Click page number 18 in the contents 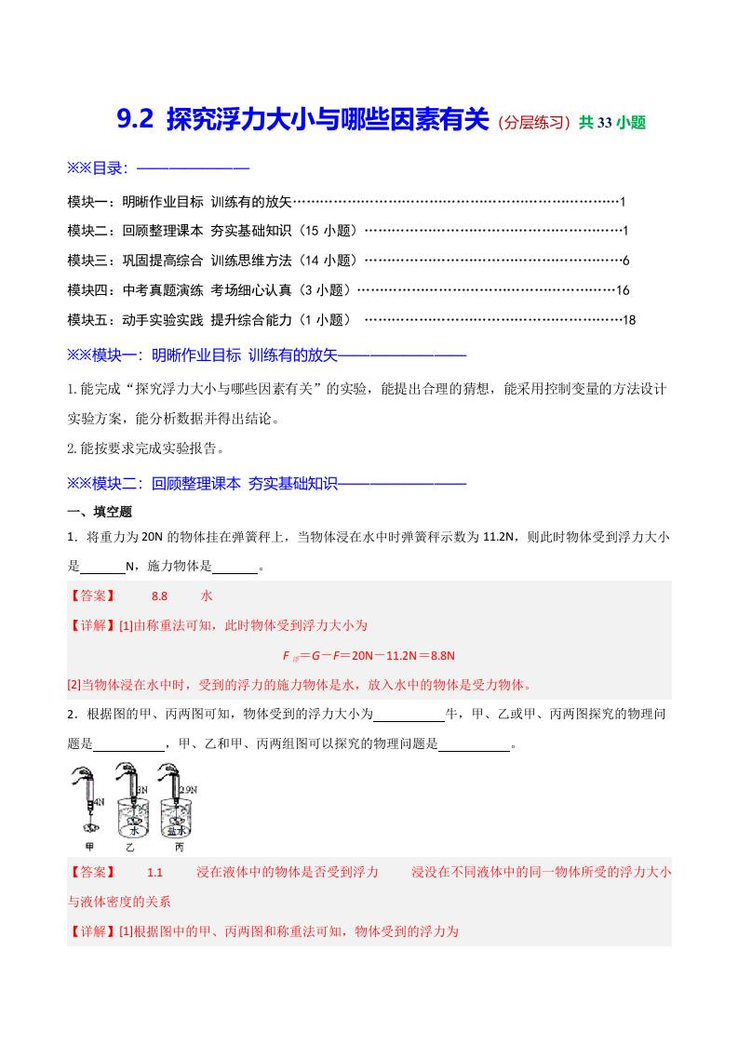(x=628, y=320)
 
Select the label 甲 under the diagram (x=90, y=847)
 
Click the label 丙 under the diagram (x=179, y=847)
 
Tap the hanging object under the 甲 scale (x=91, y=827)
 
